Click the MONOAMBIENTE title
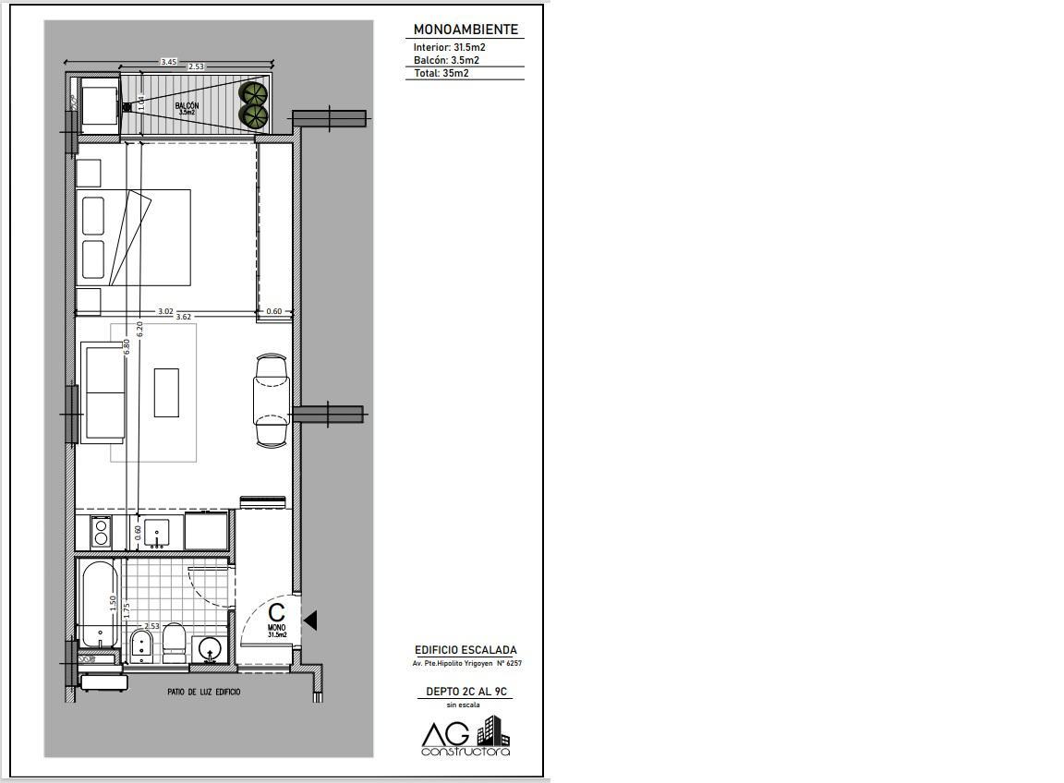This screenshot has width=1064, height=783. pyautogui.click(x=465, y=30)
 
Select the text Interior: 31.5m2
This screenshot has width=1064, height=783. pyautogui.click(x=449, y=47)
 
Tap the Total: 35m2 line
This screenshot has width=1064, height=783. pyautogui.click(x=441, y=73)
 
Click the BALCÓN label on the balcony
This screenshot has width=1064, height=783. pyautogui.click(x=187, y=106)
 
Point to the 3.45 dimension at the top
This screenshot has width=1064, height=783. pyautogui.click(x=168, y=62)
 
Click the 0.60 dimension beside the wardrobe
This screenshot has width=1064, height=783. pyautogui.click(x=274, y=311)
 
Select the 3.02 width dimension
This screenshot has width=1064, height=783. pyautogui.click(x=165, y=311)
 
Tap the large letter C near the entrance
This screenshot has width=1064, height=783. pyautogui.click(x=277, y=611)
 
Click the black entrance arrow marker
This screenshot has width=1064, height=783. pyautogui.click(x=310, y=620)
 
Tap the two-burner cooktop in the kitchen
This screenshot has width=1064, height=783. pyautogui.click(x=101, y=531)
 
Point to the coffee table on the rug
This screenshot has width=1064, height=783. pyautogui.click(x=166, y=392)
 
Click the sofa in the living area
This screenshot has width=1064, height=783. pyautogui.click(x=103, y=392)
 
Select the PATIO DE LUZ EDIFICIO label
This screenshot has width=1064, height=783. pyautogui.click(x=203, y=693)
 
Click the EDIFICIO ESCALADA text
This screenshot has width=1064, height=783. pyautogui.click(x=465, y=650)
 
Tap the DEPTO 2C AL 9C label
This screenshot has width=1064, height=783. pyautogui.click(x=466, y=693)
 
